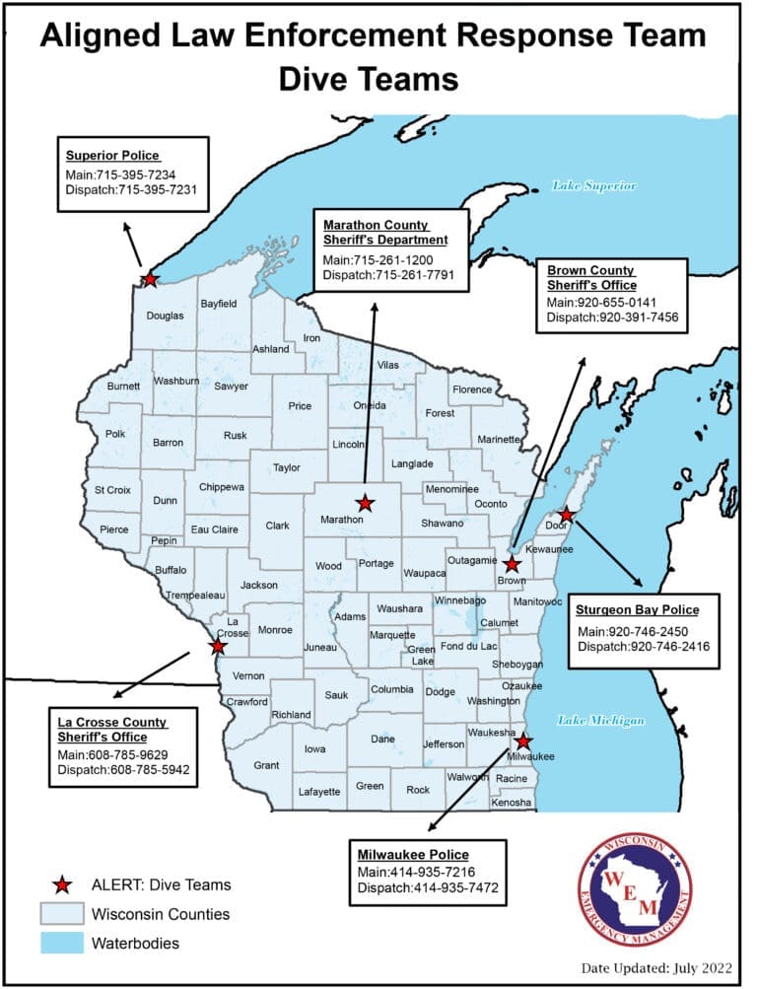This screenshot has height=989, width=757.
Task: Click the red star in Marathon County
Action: (x=365, y=503)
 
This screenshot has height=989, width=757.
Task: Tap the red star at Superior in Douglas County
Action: (x=150, y=279)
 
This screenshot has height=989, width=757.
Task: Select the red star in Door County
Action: (x=567, y=515)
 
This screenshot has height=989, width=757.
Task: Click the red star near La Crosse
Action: (x=217, y=647)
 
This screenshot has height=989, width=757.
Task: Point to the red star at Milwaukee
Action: (x=523, y=742)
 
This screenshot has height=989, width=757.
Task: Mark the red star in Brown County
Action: (x=512, y=565)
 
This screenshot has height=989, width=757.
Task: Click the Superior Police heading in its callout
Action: (x=112, y=156)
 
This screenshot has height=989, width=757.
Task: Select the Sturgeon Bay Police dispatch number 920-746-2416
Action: (x=644, y=647)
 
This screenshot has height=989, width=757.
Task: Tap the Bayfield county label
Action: (x=220, y=305)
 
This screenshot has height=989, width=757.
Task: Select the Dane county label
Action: (x=382, y=739)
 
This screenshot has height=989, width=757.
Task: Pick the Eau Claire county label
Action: (x=215, y=530)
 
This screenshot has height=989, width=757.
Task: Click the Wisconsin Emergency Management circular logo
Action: (x=634, y=890)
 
